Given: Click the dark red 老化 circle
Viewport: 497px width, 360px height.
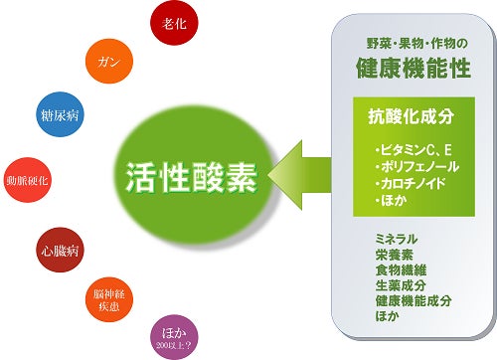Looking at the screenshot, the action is [174, 23].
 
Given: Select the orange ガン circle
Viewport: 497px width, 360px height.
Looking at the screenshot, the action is [109, 61].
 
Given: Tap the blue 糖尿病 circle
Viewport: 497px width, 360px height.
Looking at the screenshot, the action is [60, 114].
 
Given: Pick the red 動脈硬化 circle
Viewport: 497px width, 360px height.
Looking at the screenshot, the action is [28, 180].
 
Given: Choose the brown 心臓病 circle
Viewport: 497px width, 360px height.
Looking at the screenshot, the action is [60, 250].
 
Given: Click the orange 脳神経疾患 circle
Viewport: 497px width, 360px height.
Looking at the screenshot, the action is [109, 299].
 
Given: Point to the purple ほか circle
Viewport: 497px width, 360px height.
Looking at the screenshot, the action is [174, 337].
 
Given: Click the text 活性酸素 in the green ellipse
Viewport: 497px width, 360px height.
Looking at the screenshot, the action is [192, 177].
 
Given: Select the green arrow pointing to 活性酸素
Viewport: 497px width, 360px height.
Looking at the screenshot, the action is [300, 175].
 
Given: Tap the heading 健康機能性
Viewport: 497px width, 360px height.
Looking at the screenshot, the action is [414, 68].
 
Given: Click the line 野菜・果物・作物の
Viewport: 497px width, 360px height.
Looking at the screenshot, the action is [416, 44].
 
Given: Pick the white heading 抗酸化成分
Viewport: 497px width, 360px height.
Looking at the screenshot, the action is [412, 116].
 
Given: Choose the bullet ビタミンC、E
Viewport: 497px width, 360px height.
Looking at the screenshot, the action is [414, 150].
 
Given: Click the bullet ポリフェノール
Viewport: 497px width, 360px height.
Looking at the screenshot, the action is [417, 167].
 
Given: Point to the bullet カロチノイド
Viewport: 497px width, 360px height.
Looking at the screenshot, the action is [411, 184].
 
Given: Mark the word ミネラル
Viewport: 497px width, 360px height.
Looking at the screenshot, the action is [397, 239].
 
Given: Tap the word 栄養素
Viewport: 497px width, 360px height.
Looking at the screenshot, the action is [395, 255].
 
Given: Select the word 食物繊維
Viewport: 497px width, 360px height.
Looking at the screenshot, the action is [401, 270].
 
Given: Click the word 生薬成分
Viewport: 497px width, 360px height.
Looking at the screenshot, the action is [401, 285].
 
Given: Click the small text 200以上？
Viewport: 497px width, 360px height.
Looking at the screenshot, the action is [174, 346].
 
